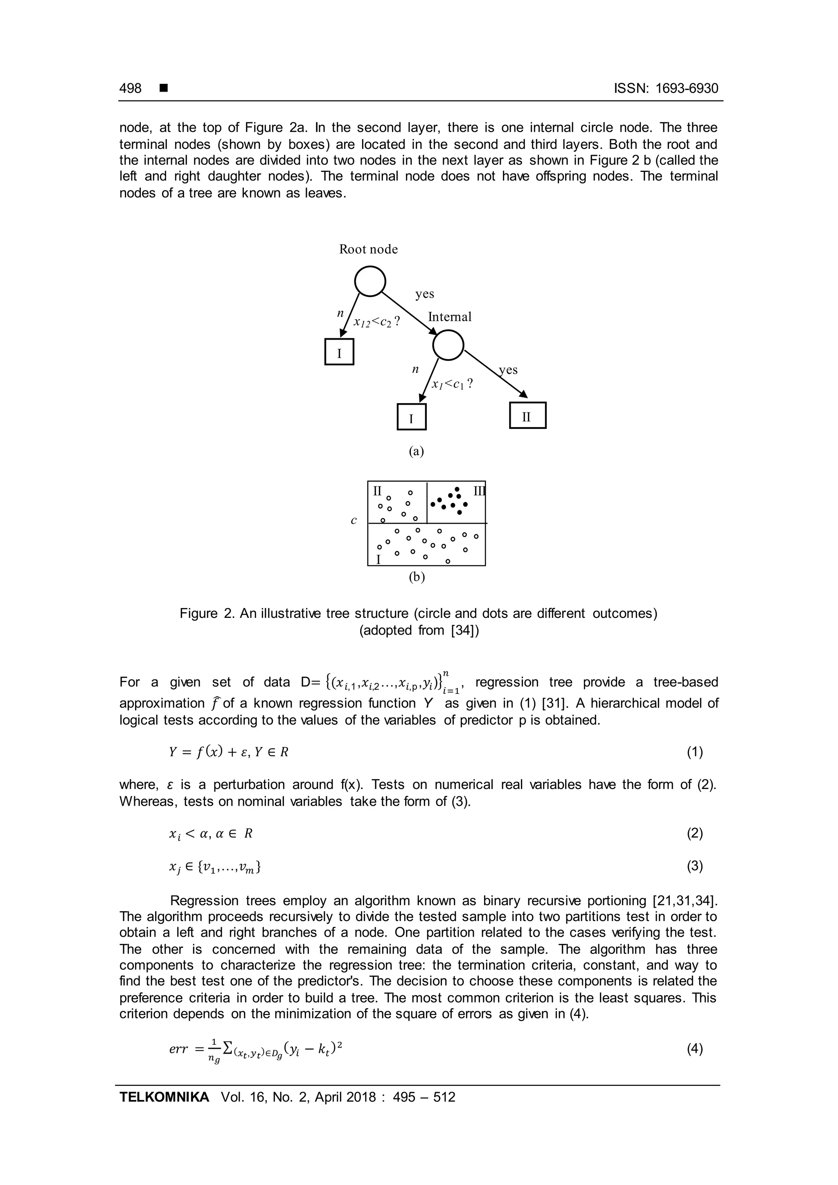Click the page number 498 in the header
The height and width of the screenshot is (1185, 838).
(x=130, y=88)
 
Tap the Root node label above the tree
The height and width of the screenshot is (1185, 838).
(x=368, y=249)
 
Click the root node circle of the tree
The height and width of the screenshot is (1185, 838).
(x=370, y=281)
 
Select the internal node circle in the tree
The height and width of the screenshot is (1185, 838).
(x=448, y=345)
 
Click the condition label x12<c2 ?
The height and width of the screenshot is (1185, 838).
(x=377, y=322)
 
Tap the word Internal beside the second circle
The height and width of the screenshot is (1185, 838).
(x=449, y=317)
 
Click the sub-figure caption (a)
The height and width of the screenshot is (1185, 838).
(x=417, y=451)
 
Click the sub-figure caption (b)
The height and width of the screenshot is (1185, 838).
(x=417, y=577)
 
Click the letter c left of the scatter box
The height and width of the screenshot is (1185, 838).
(x=354, y=521)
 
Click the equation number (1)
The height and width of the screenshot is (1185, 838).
(x=694, y=752)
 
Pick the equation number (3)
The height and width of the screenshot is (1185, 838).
(x=694, y=867)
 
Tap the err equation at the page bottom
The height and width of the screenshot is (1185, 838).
(x=257, y=1050)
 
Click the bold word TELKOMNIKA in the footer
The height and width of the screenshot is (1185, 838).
(x=164, y=1098)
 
